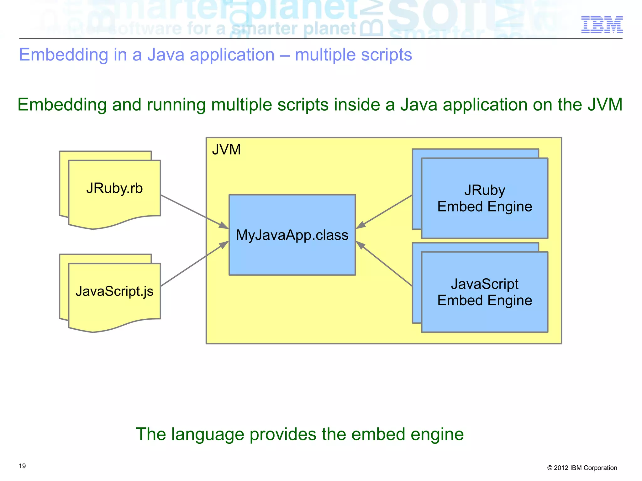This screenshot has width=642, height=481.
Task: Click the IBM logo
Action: [x=602, y=24]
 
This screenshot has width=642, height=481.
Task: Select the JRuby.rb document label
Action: [x=114, y=188]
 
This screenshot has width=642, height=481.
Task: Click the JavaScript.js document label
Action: [x=114, y=291]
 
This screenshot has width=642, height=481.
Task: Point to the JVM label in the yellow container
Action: [x=226, y=149]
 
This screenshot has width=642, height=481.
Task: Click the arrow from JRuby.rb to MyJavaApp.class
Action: [x=194, y=212]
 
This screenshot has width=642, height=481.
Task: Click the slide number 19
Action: [x=22, y=466]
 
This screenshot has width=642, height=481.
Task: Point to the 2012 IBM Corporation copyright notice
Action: [x=582, y=468]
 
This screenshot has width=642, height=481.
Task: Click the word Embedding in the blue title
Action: [x=64, y=55]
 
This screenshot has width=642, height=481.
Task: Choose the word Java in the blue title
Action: [x=165, y=55]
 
